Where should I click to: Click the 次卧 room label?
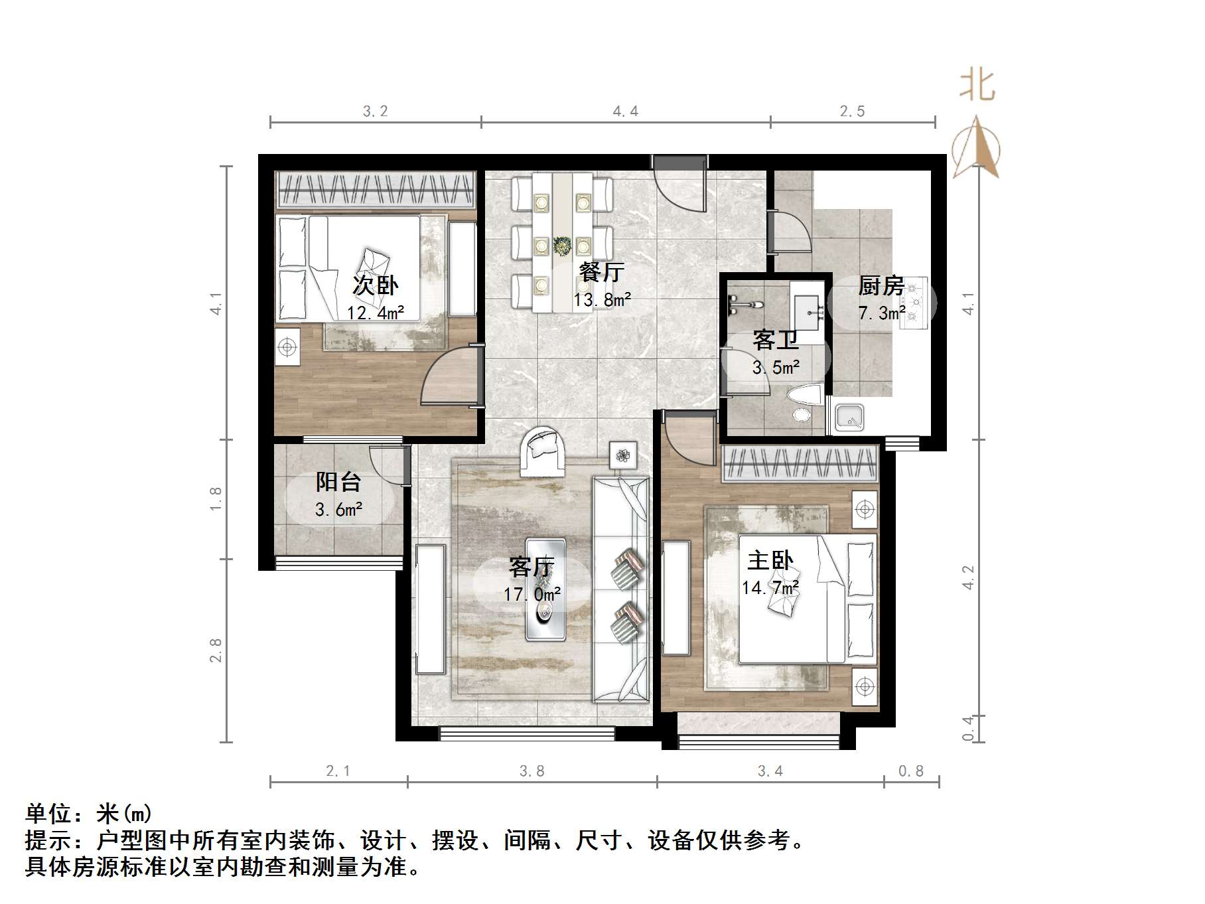[375, 285]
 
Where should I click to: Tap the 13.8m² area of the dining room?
[602, 300]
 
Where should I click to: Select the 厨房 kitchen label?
[881, 286]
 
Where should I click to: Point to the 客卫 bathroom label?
[775, 340]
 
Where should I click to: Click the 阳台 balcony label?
[338, 482]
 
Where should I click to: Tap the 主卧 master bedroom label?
[770, 561]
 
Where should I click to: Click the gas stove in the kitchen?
[915, 303]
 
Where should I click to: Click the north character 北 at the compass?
[977, 87]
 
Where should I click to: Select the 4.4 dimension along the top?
[625, 112]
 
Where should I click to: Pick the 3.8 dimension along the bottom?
[532, 771]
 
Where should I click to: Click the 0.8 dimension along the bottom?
[910, 771]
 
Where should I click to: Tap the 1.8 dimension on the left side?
[215, 498]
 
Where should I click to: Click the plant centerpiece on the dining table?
[563, 246]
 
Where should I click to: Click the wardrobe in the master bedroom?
[800, 463]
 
